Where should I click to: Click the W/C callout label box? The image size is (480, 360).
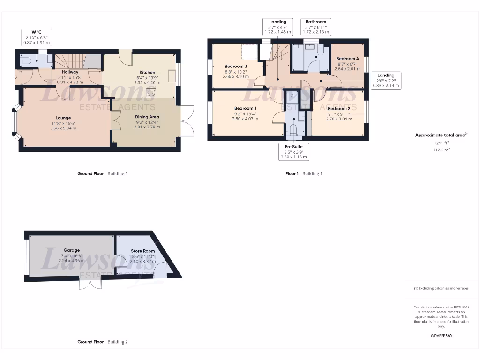(37, 37)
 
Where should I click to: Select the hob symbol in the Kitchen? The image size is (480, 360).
(151, 92)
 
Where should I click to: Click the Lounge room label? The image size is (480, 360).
(62, 118)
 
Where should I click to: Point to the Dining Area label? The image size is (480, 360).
(147, 117)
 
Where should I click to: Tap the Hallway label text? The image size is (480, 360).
(70, 72)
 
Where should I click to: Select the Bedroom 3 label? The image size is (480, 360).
(235, 66)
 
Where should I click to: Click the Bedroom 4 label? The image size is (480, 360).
(347, 59)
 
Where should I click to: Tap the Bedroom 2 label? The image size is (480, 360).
(339, 108)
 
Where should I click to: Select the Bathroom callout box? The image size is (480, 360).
(316, 27)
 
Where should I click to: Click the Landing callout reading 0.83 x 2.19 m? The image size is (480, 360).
(386, 80)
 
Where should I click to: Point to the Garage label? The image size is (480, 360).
(71, 250)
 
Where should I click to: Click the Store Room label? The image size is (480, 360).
(143, 251)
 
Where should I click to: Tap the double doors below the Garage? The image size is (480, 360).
(90, 283)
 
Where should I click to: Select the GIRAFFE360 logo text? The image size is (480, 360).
(441, 336)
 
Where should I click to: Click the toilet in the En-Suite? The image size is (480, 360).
(293, 129)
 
